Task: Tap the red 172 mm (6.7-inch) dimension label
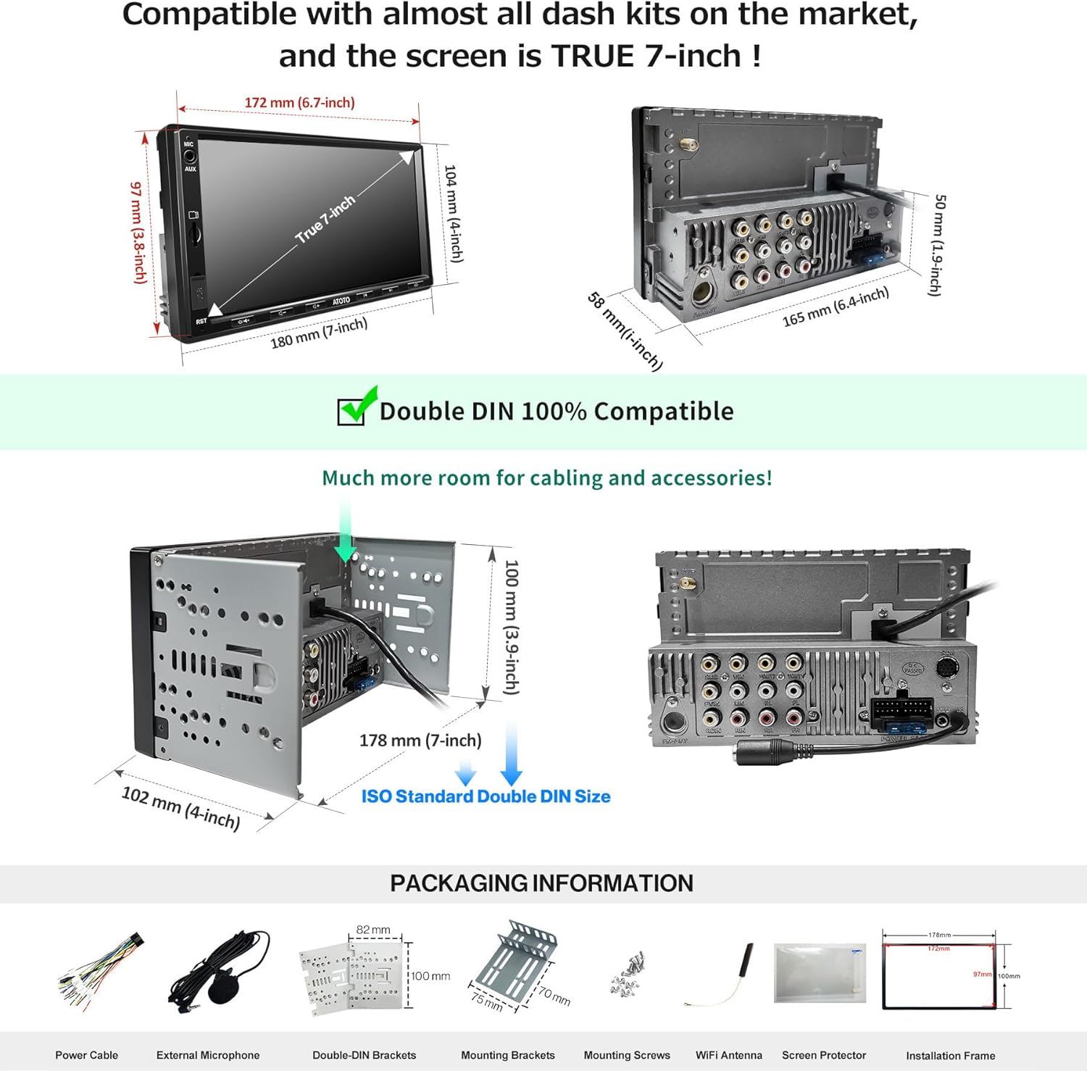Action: tap(299, 103)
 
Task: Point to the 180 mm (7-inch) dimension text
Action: tap(319, 333)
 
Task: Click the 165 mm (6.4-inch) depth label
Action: tap(836, 307)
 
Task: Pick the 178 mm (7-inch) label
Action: tap(420, 741)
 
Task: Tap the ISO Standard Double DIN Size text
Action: tap(486, 796)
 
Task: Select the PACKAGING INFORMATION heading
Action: tap(541, 883)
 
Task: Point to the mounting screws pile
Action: tap(627, 974)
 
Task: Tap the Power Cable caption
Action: tap(86, 1055)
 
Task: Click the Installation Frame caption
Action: tap(950, 1056)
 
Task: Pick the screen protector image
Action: tap(820, 972)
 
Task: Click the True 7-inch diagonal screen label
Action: tap(325, 219)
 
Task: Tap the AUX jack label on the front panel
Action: tap(190, 169)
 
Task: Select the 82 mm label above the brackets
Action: tap(373, 930)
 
